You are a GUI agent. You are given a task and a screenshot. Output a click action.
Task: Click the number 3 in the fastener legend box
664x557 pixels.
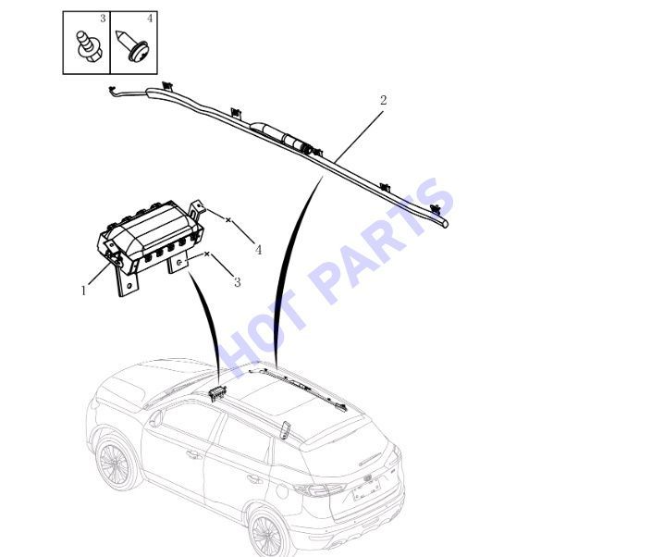pos(103,19)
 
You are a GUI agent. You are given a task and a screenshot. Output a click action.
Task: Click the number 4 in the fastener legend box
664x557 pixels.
pos(150,19)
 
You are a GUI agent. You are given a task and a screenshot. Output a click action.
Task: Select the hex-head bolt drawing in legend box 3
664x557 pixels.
pos(89,45)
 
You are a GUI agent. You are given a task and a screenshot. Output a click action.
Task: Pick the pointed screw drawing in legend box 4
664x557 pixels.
pos(132,45)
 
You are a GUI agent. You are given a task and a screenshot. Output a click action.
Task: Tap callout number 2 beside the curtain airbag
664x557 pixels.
pos(383,100)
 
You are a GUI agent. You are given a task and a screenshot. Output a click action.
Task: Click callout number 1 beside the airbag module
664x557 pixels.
pos(83,291)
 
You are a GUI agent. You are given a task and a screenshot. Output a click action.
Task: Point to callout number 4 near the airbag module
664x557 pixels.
pos(258,250)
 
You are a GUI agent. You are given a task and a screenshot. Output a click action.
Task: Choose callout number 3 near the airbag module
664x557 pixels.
pos(238,282)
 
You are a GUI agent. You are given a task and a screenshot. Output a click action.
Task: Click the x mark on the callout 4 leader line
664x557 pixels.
pos(228,220)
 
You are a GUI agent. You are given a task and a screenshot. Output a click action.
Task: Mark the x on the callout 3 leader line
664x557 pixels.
pos(206,254)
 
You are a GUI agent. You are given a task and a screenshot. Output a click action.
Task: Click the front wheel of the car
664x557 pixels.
pos(114,464)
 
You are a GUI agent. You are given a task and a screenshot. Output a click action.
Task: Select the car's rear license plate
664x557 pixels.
pos(366,491)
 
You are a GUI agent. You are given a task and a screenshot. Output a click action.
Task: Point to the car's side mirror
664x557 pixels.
pos(155,418)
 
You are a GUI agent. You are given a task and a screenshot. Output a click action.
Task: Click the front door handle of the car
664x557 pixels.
pos(194,454)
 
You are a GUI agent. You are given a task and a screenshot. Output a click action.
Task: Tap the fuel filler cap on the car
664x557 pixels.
pos(282,491)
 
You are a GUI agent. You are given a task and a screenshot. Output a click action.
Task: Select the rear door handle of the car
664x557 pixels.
pos(255,479)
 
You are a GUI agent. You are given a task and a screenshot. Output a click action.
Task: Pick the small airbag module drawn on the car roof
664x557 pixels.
pos(217,393)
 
